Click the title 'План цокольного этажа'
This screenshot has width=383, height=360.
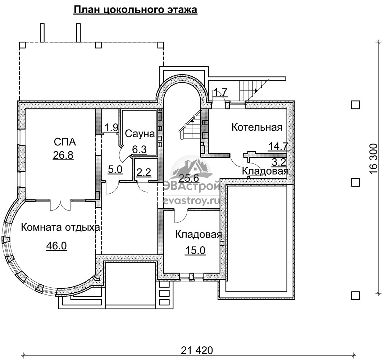click(135, 10)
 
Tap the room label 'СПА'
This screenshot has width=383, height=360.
click(65, 142)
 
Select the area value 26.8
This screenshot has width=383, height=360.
click(63, 155)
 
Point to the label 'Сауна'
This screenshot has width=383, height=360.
click(140, 134)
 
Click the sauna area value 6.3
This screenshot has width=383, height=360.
click(140, 149)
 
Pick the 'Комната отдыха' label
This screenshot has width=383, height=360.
click(61, 228)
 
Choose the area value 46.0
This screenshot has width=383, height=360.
click(57, 246)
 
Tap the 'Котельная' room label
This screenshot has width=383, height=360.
click(257, 127)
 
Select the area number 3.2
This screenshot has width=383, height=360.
click(279, 162)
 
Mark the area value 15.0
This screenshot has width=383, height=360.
click(195, 251)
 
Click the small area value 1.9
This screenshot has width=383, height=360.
click(111, 127)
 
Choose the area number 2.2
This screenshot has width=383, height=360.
click(144, 173)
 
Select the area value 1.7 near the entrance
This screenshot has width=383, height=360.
click(221, 93)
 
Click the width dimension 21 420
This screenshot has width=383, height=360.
click(197, 350)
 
